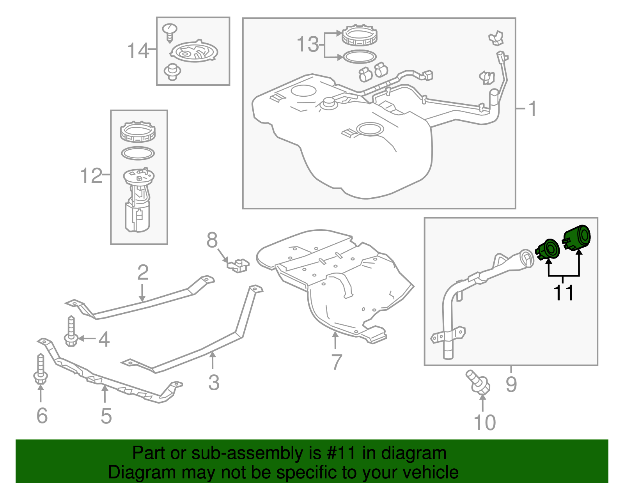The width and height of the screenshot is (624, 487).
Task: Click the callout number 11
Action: click(x=564, y=292)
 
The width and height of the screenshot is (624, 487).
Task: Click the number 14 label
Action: click(x=138, y=51)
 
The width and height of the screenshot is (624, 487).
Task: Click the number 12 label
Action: click(x=90, y=176)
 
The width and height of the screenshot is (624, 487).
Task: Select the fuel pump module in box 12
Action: click(x=138, y=201)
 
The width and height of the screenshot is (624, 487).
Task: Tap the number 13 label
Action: click(x=308, y=44)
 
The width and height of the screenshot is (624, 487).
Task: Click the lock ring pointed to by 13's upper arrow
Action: click(x=360, y=35)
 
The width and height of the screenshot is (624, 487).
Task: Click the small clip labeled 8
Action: click(x=238, y=265)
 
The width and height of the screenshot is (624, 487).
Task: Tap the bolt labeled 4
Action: click(x=71, y=331)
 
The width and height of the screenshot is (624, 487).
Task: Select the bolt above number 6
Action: click(x=40, y=368)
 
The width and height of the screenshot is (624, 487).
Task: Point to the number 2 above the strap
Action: click(x=143, y=273)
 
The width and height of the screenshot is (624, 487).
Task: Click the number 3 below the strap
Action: click(x=214, y=383)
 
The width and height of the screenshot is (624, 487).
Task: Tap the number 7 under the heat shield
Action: click(x=336, y=362)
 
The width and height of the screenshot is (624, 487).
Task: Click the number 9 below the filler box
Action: click(x=511, y=384)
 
